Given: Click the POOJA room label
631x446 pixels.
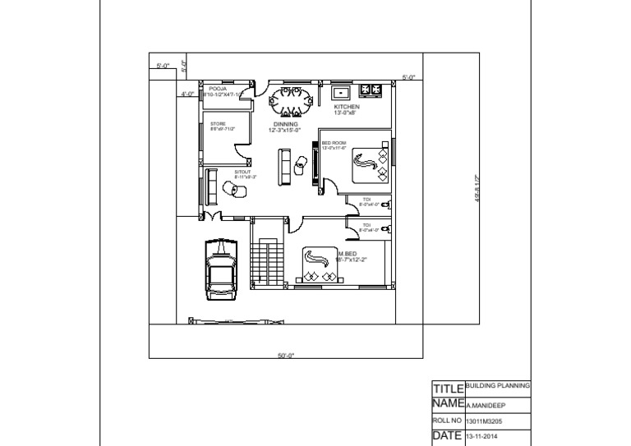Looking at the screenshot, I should pyautogui.click(x=218, y=88).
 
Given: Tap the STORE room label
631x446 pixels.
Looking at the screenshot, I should pyautogui.click(x=218, y=124).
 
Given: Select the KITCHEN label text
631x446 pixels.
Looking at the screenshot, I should pyautogui.click(x=347, y=108).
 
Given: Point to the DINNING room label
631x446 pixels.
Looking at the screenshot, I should pyautogui.click(x=285, y=125).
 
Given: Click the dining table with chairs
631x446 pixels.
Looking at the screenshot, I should pyautogui.click(x=291, y=103).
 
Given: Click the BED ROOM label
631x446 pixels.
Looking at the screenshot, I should pyautogui.click(x=334, y=143).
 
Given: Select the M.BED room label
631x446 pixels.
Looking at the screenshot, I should pyautogui.click(x=349, y=254).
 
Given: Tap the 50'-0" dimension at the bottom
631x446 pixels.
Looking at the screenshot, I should pyautogui.click(x=286, y=356).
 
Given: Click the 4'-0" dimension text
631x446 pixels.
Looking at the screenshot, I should pyautogui.click(x=187, y=94).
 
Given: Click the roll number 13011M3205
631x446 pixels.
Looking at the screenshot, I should pyautogui.click(x=485, y=421).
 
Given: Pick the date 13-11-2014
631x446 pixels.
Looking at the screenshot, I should pyautogui.click(x=482, y=437).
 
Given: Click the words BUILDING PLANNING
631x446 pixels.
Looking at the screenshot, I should pyautogui.click(x=498, y=384).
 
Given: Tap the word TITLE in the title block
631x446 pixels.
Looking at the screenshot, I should pyautogui.click(x=449, y=388).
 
